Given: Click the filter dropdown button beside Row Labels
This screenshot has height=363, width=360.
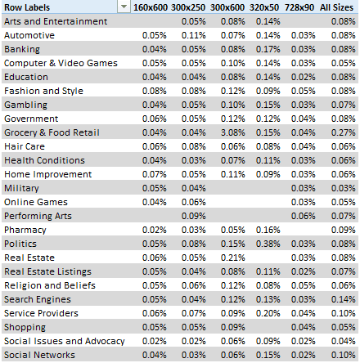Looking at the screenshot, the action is click(124, 7).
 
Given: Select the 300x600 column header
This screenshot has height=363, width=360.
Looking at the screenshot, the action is click(227, 7).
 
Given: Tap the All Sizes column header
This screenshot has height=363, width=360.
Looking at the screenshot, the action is click(336, 7).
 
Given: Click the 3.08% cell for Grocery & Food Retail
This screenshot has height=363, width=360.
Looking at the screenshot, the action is click(232, 132).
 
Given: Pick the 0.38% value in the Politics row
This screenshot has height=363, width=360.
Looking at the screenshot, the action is click(268, 244).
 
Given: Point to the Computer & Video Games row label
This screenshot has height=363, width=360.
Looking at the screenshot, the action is click(61, 63).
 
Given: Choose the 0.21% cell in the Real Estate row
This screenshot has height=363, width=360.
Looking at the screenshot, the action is click(232, 258).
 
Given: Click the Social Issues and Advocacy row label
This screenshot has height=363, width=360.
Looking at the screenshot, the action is click(65, 341).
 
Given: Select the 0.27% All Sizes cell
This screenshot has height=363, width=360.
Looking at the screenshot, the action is click(343, 132).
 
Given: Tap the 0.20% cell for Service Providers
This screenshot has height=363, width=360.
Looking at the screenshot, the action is click(268, 313).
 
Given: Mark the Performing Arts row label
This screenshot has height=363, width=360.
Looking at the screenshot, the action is click(38, 216).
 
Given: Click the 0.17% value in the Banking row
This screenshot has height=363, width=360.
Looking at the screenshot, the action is click(268, 49).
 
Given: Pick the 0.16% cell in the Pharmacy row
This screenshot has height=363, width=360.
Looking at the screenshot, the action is click(268, 230).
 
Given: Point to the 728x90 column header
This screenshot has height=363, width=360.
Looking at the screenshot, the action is click(299, 7).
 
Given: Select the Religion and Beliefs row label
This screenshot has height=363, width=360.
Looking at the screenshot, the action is click(50, 285).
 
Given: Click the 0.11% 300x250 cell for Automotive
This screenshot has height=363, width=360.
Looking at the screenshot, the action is click(193, 35).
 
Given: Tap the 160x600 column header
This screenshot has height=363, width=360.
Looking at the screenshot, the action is click(151, 7).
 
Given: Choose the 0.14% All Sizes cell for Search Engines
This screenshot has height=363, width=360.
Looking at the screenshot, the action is click(343, 299).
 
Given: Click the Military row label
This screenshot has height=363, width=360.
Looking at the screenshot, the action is click(21, 188).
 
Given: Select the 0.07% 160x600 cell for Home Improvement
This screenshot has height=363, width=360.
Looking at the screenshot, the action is click(154, 174).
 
